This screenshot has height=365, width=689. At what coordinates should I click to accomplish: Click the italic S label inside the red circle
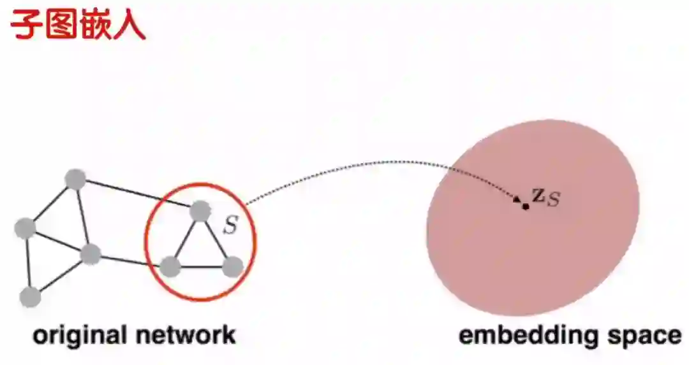point(229,226)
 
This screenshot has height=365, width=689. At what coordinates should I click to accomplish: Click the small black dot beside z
point(526,206)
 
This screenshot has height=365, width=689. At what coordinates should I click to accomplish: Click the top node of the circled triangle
point(200,211)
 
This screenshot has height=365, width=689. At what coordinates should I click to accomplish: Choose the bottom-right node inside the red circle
point(233,267)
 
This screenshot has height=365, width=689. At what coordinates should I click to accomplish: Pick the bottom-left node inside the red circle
point(170,266)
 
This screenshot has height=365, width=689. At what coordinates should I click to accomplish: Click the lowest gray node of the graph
point(30,296)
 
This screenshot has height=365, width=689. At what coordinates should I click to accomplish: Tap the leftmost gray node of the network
point(25,227)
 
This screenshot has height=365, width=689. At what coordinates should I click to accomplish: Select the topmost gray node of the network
point(75,179)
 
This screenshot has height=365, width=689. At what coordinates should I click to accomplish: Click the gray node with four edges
point(91,254)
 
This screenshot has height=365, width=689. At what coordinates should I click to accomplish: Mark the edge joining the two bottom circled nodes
point(201,267)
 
